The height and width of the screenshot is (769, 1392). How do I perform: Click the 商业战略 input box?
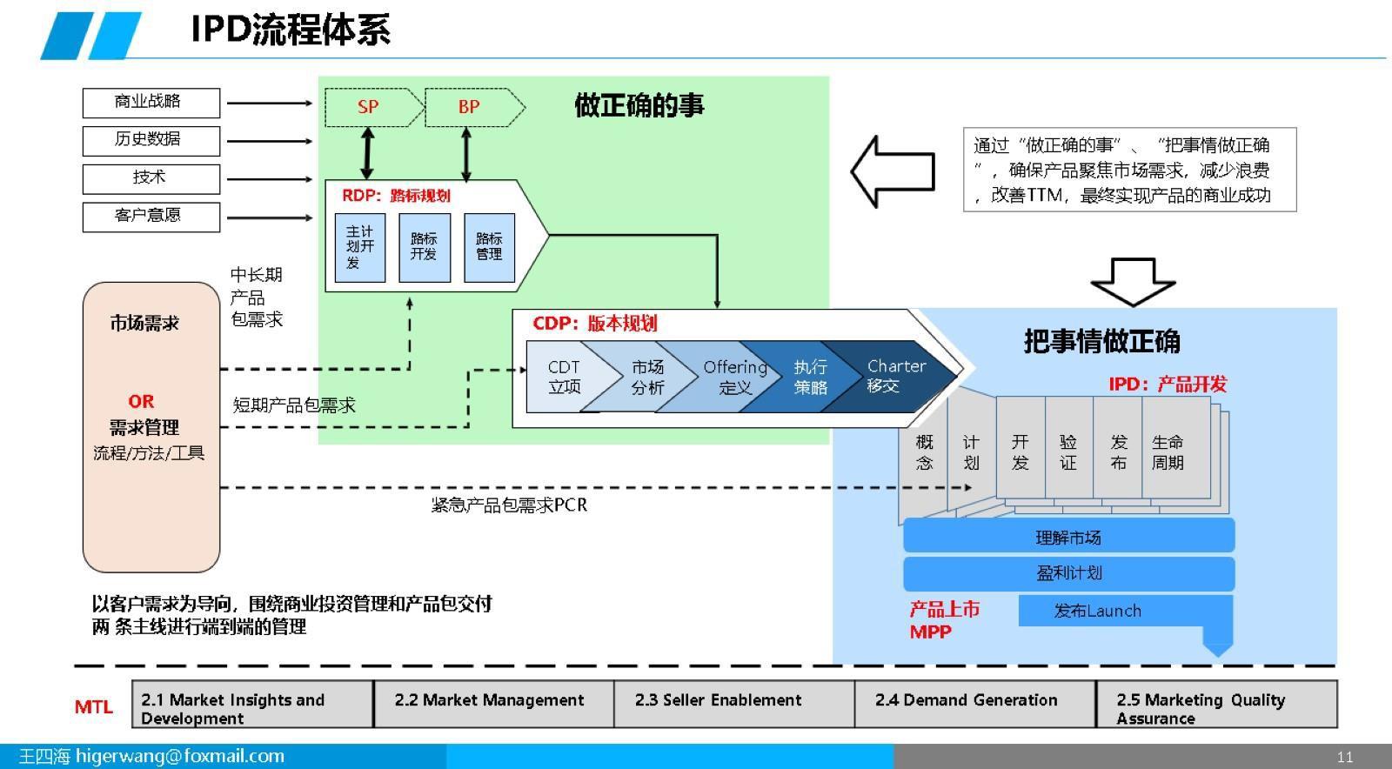pyautogui.click(x=151, y=103)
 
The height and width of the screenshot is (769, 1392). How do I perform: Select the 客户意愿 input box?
pyautogui.click(x=151, y=217)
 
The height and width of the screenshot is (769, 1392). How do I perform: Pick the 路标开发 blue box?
pyautogui.click(x=425, y=248)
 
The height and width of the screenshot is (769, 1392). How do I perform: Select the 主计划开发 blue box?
pyautogui.click(x=360, y=248)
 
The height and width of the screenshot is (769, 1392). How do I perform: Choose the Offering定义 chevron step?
pyautogui.click(x=733, y=378)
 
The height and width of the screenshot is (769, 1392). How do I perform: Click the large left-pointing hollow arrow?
pyautogui.click(x=892, y=171)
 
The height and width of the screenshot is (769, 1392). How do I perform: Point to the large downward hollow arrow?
pyautogui.click(x=1133, y=280)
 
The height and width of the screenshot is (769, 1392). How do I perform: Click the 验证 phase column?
pyautogui.click(x=1068, y=452)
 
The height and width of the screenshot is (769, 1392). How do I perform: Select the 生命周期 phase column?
pyautogui.click(x=1168, y=452)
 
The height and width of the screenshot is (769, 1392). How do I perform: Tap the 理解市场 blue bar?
pyautogui.click(x=1068, y=537)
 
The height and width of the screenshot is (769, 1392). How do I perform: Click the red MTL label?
pyautogui.click(x=93, y=707)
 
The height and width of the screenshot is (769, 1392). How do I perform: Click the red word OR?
pyautogui.click(x=141, y=402)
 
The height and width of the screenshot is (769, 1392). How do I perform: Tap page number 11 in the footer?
pyautogui.click(x=1345, y=757)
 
